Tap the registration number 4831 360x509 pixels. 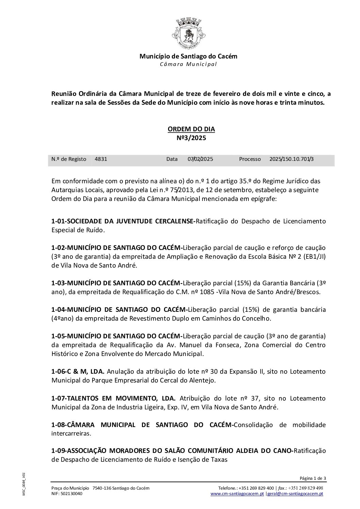[101, 159]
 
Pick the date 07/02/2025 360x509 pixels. [200, 159]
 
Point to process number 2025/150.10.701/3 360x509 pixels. [291, 159]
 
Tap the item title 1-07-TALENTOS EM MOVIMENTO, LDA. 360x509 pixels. [113, 398]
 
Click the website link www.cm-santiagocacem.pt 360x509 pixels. [238, 493]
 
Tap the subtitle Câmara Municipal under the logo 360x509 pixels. [188, 64]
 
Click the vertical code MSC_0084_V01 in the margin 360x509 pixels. [24, 484]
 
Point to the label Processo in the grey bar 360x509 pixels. [250, 159]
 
